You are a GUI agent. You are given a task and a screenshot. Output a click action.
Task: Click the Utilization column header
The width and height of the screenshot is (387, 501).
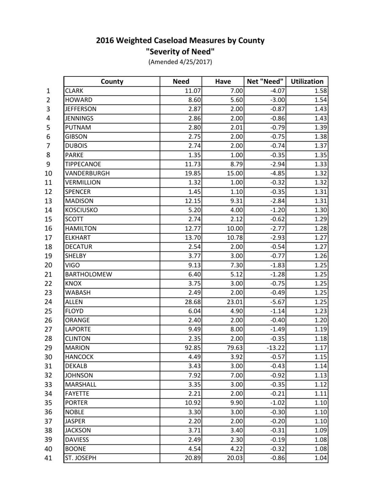click(307, 82)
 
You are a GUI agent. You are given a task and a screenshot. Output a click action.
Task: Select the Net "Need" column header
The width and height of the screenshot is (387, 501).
click(265, 82)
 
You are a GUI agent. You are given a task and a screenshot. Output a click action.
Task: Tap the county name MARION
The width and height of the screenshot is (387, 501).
click(77, 348)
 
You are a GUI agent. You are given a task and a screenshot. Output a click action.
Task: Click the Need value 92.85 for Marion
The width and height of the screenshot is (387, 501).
click(193, 348)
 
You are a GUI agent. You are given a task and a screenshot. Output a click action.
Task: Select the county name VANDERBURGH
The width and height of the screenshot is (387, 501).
click(87, 173)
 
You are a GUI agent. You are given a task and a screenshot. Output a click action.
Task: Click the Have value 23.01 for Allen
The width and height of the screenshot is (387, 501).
click(235, 302)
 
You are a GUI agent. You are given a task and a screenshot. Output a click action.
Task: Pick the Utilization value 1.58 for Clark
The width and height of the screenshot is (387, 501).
click(321, 91)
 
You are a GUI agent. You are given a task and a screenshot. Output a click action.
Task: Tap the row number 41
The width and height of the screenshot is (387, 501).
click(48, 458)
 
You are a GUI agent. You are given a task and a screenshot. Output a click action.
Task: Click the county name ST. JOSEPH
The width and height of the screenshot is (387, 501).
click(81, 458)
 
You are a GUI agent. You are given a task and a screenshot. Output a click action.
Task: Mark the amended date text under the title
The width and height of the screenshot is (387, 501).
click(180, 62)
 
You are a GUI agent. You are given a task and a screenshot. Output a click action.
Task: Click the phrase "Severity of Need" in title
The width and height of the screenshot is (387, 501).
click(180, 51)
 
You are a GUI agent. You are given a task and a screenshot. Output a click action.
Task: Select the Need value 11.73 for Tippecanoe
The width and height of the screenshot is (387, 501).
click(193, 164)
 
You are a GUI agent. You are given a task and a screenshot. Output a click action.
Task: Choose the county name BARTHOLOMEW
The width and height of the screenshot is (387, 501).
click(89, 274)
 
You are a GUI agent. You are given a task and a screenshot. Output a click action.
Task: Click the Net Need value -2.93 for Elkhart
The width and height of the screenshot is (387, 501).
click(277, 238)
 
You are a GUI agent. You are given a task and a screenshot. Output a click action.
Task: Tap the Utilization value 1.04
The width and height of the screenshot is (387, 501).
click(321, 458)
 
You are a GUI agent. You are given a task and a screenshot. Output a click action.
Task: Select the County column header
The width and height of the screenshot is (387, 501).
click(112, 82)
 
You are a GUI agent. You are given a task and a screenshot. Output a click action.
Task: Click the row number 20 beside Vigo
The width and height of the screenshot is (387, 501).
click(48, 265)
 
